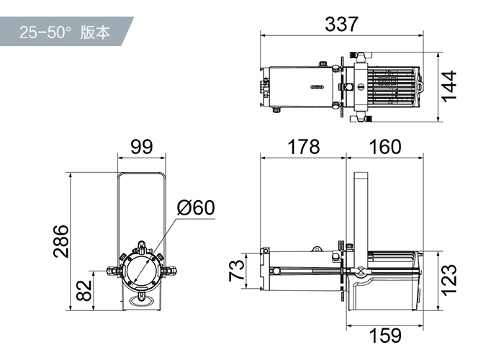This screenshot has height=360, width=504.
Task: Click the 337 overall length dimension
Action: pyautogui.click(x=341, y=24)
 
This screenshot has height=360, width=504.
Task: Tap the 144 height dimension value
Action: pyautogui.click(x=449, y=86)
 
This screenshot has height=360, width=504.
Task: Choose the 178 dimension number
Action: pyautogui.click(x=303, y=147)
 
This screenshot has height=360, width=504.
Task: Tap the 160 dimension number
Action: pyautogui.click(x=385, y=147)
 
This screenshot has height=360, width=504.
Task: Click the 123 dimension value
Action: pyautogui.click(x=449, y=280)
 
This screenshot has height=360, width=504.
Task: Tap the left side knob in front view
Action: pyautogui.click(x=113, y=271)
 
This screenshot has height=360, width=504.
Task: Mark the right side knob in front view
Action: pyautogui.click(x=171, y=271)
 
